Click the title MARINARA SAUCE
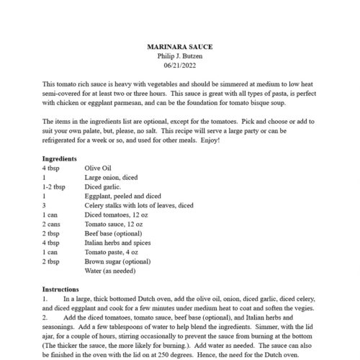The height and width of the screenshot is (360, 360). coord(179,47)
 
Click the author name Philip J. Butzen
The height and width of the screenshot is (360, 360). coord(179,55)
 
